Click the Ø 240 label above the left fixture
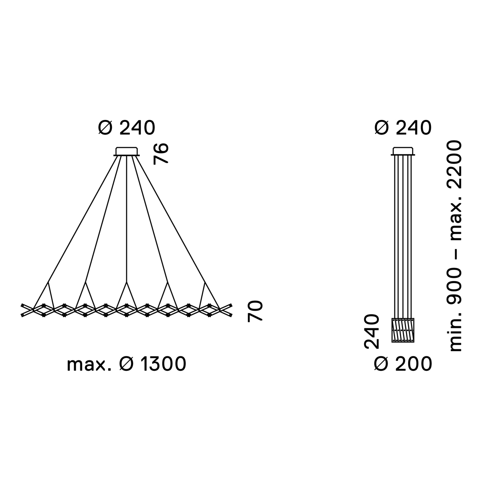pos(126,128)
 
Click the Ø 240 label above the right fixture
pos(403,128)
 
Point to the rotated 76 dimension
pos(162,153)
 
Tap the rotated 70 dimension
pos(255,311)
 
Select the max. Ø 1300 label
pos(127,364)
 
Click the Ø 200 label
pos(403,364)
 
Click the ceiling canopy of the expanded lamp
pos(127,151)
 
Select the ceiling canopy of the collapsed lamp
pos(403,151)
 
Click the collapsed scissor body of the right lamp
pos(403,330)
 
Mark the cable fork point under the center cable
pos(127,283)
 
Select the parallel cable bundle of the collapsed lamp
pos(403,236)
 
